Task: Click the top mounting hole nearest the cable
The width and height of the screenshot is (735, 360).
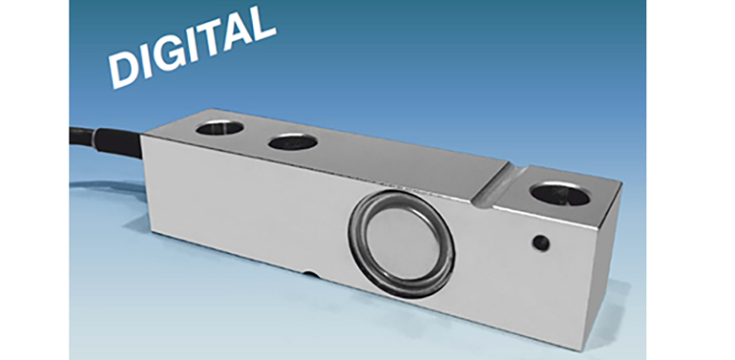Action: click(x=220, y=128)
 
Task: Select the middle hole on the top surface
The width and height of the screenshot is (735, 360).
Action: click(x=293, y=142)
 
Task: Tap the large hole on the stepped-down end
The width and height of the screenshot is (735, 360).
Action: click(x=559, y=194)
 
